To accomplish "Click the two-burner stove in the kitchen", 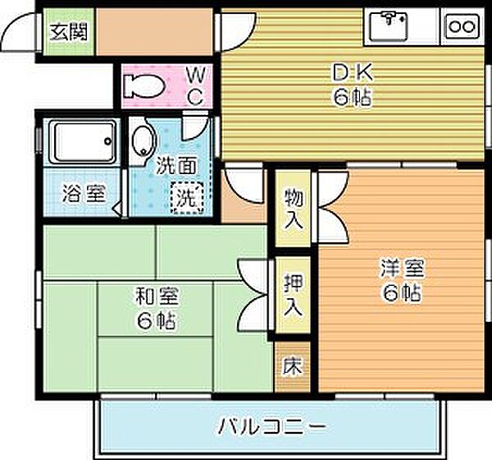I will coord(461,26).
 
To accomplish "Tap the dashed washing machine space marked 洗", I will coord(187,197).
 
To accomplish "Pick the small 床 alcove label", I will coord(291,367).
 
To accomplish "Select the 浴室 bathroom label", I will coord(84,195).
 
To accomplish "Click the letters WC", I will coord(195,85).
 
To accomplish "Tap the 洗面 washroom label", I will coord(176,165).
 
